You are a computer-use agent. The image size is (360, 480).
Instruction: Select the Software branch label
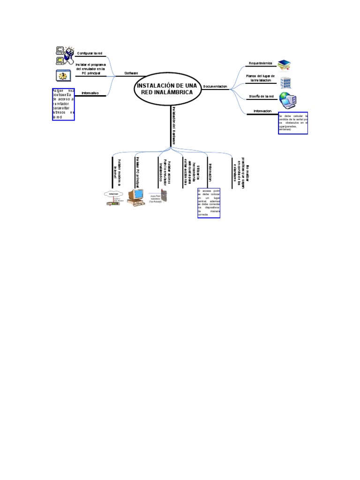(131, 73)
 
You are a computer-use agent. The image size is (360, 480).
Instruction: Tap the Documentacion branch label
(215, 86)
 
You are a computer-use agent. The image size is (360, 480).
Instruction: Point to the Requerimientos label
(260, 63)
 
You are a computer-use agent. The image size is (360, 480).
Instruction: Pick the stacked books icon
(284, 64)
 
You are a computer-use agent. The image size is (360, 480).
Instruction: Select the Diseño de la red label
(262, 97)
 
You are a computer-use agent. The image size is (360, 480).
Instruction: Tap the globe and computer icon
(287, 100)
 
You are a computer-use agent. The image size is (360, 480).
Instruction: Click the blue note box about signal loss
(293, 123)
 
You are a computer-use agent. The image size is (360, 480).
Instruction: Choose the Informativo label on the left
(90, 93)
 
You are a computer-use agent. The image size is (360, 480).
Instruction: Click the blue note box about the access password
(63, 104)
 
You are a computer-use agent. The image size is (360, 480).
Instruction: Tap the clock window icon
(63, 75)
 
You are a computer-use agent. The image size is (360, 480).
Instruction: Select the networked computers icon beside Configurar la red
(65, 55)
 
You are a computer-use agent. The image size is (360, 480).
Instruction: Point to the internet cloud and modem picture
(114, 198)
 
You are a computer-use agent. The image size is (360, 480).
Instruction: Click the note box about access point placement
(209, 203)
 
